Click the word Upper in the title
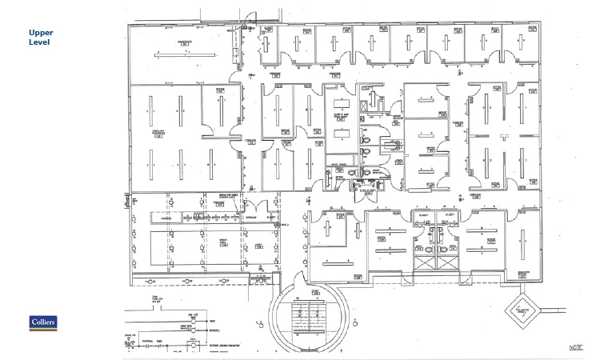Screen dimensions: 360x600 41,32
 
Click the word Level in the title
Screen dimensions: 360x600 39,42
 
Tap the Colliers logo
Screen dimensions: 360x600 43,322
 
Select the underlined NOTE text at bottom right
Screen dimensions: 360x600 575,347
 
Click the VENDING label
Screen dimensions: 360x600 168,218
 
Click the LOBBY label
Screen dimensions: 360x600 258,246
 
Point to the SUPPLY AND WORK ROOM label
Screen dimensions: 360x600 340,115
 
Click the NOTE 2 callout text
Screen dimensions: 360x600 284,226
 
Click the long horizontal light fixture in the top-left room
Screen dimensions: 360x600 185,55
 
